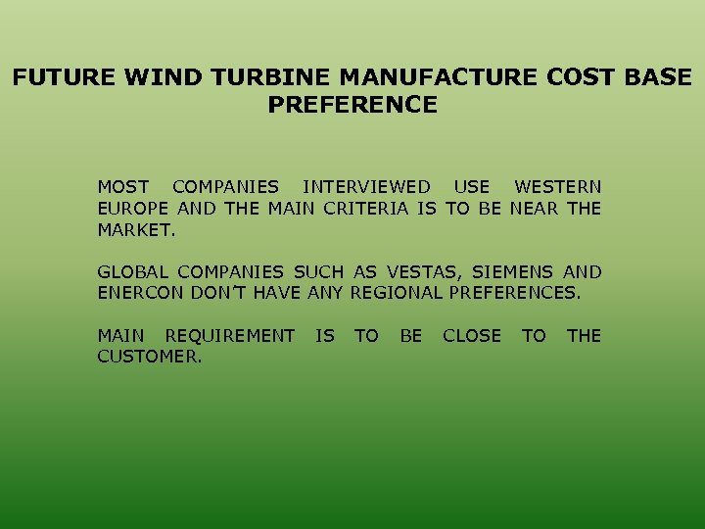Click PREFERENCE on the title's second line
click(x=352, y=104)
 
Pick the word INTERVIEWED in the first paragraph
click(x=366, y=186)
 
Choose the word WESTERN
click(x=558, y=186)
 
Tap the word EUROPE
click(x=134, y=208)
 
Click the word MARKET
click(x=136, y=229)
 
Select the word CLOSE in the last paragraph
click(x=472, y=336)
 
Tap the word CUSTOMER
click(x=149, y=358)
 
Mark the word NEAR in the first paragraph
click(x=535, y=208)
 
